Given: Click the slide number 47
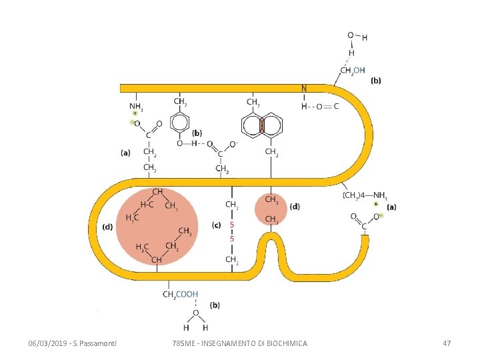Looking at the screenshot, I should (x=447, y=343).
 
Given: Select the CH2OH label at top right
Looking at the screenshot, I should (x=352, y=69).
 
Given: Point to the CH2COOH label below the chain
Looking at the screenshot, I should (x=181, y=293).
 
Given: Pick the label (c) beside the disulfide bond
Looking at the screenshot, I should (x=216, y=225).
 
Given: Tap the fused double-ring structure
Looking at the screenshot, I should (x=262, y=125).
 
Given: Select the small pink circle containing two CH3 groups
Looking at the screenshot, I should (x=271, y=209).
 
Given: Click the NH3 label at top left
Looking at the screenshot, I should (x=135, y=106).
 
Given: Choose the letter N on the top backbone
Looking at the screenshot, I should (x=304, y=88).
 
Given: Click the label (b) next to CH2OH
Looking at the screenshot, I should (x=376, y=81).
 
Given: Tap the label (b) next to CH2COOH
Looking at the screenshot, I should (x=215, y=305).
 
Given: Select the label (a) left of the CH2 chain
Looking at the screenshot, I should (x=125, y=152).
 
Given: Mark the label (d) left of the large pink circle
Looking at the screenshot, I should (x=107, y=227).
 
